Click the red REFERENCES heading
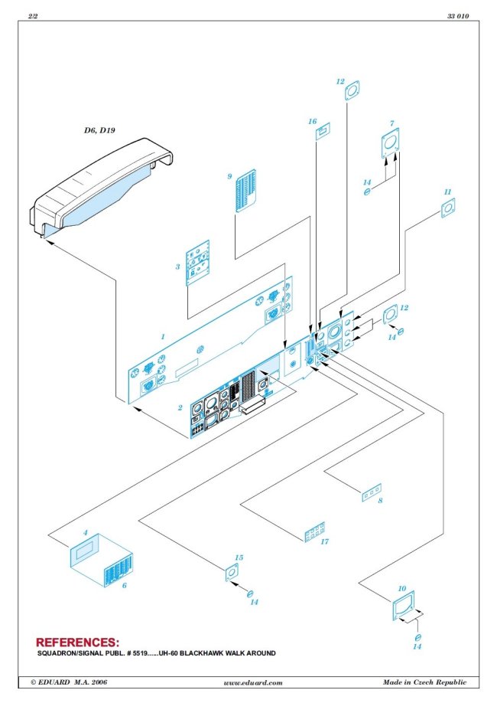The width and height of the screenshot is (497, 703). (x=78, y=642)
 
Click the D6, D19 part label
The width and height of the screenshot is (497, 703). (x=99, y=130)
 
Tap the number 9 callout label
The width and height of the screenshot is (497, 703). (x=229, y=176)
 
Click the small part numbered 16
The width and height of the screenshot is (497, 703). (x=322, y=134)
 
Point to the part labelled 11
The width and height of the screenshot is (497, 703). (x=448, y=207)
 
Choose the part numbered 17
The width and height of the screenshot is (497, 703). (x=314, y=532)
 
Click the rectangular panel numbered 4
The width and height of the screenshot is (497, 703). (x=85, y=552)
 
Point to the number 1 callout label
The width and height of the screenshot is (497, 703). (x=162, y=336)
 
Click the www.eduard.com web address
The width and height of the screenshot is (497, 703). (x=253, y=682)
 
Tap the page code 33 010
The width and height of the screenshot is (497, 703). (x=456, y=16)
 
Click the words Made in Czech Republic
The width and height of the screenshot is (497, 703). (x=424, y=682)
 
